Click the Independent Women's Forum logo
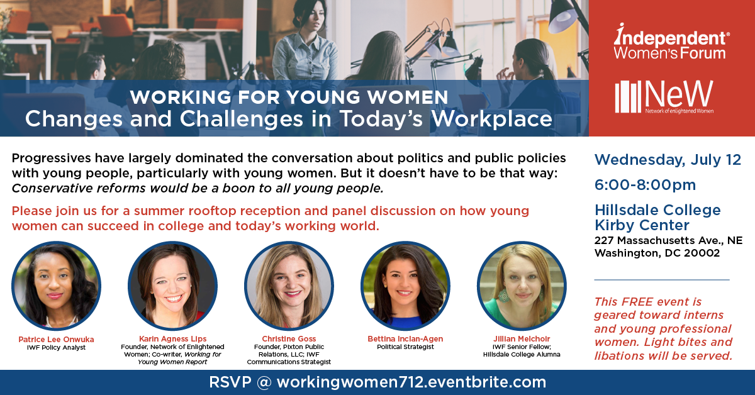click(671, 42)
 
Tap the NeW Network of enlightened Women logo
click(664, 97)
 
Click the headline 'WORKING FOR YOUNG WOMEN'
click(289, 97)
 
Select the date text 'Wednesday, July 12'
click(668, 160)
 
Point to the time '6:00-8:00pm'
click(645, 185)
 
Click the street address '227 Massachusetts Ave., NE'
click(668, 240)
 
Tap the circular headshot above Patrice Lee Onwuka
click(56, 286)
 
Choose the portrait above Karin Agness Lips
click(172, 286)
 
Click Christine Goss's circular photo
click(289, 286)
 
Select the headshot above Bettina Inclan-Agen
click(405, 286)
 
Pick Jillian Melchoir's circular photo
click(522, 286)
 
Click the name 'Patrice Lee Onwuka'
click(56, 340)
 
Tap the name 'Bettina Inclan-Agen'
click(405, 339)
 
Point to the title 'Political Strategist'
click(405, 347)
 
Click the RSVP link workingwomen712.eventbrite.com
click(411, 382)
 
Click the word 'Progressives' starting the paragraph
click(52, 159)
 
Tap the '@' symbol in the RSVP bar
click(264, 382)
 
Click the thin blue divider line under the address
click(662, 280)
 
